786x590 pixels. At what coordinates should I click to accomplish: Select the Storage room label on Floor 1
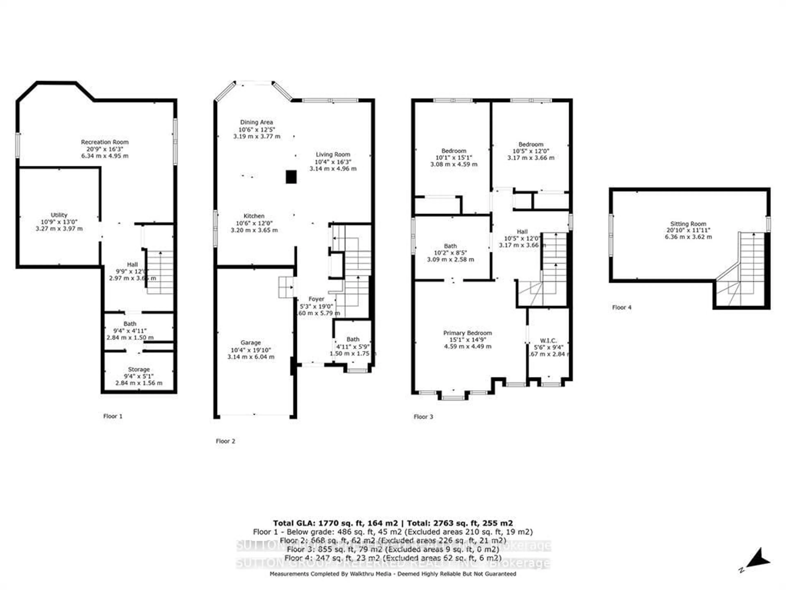(139, 369)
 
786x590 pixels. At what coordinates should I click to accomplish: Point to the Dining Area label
(256, 122)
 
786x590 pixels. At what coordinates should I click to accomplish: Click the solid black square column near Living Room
(291, 177)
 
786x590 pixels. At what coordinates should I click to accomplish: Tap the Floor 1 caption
(113, 416)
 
